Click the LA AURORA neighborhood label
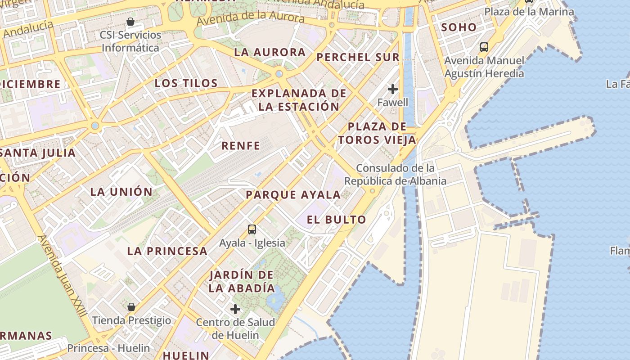click(x=270, y=52)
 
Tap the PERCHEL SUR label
click(x=358, y=57)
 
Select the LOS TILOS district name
click(x=186, y=83)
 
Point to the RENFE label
click(x=241, y=146)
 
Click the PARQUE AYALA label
click(x=293, y=195)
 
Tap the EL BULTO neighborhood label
click(x=336, y=220)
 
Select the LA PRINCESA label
click(x=167, y=251)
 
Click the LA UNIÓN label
click(x=121, y=192)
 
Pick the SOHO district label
click(x=459, y=27)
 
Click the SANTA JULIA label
click(x=38, y=153)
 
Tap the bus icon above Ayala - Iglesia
click(x=252, y=229)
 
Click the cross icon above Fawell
click(x=393, y=89)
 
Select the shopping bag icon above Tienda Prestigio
click(x=131, y=307)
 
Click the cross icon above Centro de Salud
click(x=235, y=309)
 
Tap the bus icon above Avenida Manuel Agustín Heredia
click(x=484, y=47)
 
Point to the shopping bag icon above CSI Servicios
click(x=130, y=22)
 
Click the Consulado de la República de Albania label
click(x=396, y=175)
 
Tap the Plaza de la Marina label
click(x=529, y=12)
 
